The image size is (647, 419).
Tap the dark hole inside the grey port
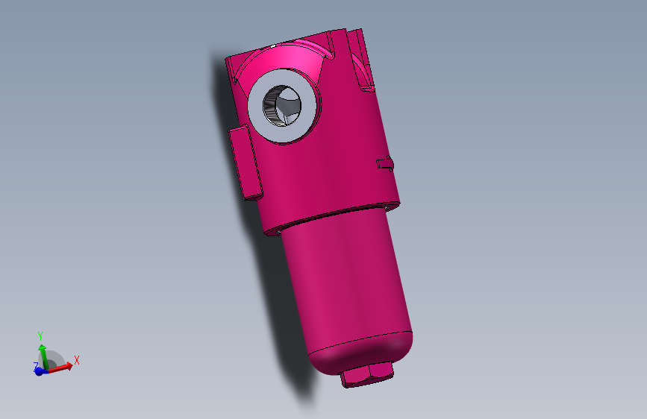[285, 107]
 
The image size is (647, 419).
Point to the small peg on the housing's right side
[385, 163]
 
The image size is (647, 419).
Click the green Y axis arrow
[42, 351]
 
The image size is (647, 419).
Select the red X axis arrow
[63, 365]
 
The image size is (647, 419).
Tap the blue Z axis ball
[38, 371]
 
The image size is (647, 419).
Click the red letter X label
[76, 360]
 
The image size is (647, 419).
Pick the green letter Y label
[41, 335]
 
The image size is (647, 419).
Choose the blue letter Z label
[35, 365]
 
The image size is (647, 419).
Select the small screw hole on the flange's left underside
[277, 231]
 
